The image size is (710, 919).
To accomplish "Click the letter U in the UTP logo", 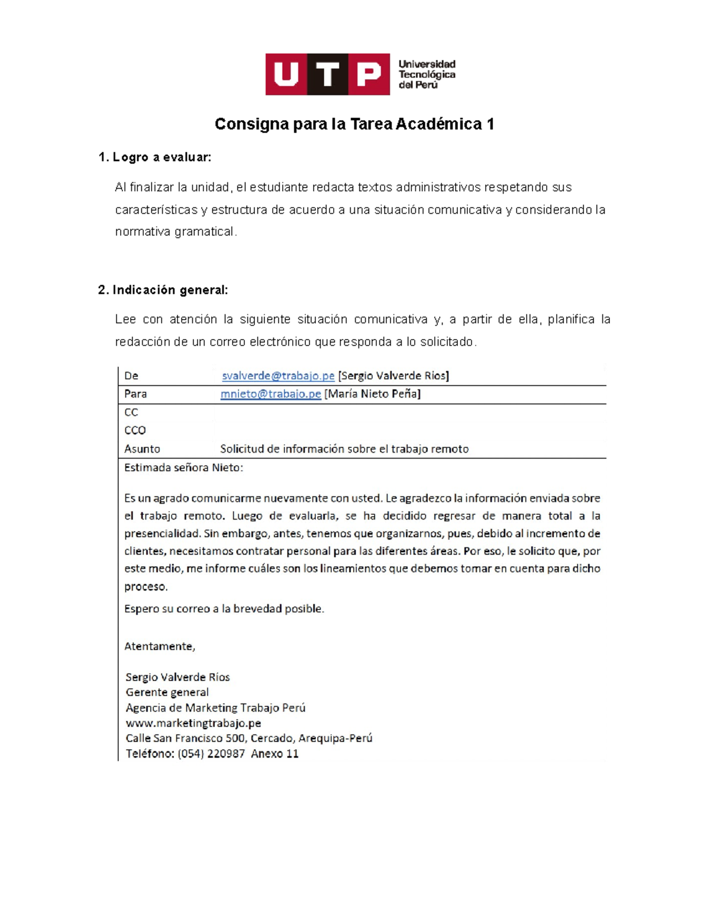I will coord(286,75).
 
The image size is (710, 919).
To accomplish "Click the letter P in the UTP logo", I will coord(369,75).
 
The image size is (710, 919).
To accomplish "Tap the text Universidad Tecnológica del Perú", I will coord(427,75).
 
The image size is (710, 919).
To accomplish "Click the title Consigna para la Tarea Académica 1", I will coord(354,124).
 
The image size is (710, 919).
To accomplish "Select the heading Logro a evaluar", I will coord(155,157).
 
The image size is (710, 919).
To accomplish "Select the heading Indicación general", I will coord(163,290).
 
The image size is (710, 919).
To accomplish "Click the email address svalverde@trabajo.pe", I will coord(278,376).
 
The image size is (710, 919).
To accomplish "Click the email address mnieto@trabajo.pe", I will coord(270,394).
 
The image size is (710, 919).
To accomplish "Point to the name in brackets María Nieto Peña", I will coord(372,394).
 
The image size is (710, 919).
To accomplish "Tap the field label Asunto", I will coord(142,449).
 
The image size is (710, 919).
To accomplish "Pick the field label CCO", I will coord(135,430).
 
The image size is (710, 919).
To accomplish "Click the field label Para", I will coord(135,394).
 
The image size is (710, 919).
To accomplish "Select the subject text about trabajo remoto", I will coord(344,449).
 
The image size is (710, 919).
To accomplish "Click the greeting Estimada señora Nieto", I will coord(183,467).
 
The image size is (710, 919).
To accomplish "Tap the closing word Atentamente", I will coord(159,646).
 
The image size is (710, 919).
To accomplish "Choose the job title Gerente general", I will coord(167,692).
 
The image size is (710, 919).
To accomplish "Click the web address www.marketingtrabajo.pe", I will coord(193,723).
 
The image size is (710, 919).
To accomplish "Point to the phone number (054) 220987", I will coord(211,754).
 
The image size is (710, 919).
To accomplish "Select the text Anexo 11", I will coord(275,754).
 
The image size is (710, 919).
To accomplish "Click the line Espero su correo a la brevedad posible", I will coord(224,609).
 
